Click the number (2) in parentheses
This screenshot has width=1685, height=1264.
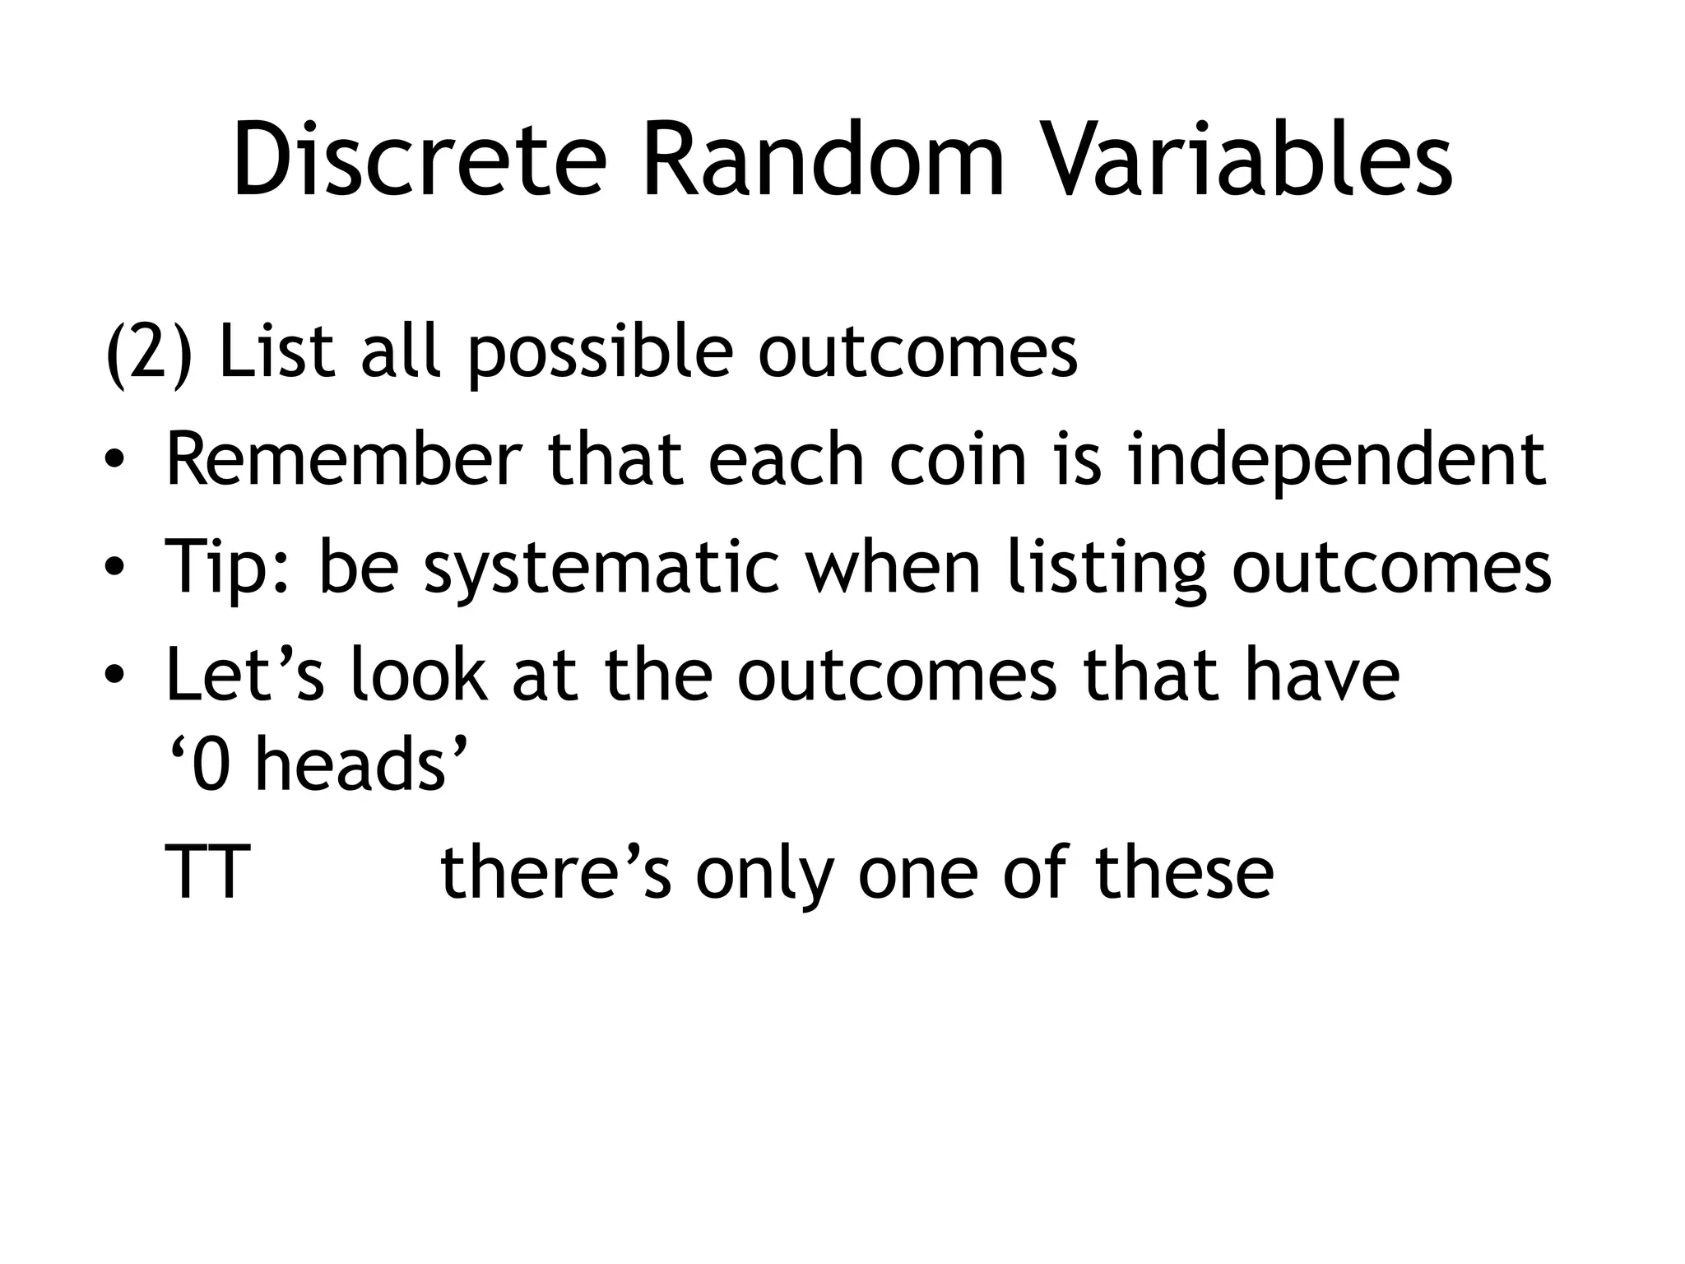(149, 353)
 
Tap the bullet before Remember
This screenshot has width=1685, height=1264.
(114, 462)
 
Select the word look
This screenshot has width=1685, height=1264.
(420, 675)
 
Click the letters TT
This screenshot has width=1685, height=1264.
(207, 873)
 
